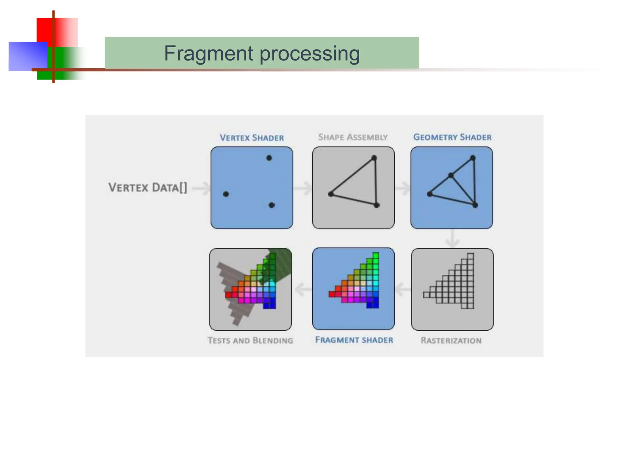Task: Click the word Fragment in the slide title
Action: pyautogui.click(x=209, y=53)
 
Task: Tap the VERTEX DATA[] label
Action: pyautogui.click(x=148, y=187)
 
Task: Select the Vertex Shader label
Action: pyautogui.click(x=252, y=138)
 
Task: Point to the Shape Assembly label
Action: pyautogui.click(x=353, y=137)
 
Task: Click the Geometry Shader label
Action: pyautogui.click(x=452, y=137)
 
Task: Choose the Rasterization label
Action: pyautogui.click(x=451, y=340)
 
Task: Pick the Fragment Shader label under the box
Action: pyautogui.click(x=354, y=340)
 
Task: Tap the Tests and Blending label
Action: pyautogui.click(x=250, y=340)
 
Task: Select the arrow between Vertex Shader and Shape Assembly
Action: pyautogui.click(x=303, y=188)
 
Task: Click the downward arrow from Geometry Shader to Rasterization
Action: pyautogui.click(x=452, y=239)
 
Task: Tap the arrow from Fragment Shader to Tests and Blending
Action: pyautogui.click(x=303, y=289)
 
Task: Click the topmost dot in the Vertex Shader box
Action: pyautogui.click(x=269, y=158)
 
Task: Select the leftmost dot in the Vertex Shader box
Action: pyautogui.click(x=226, y=194)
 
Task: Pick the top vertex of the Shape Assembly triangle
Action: pyautogui.click(x=374, y=158)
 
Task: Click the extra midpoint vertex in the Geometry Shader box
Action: pyautogui.click(x=451, y=175)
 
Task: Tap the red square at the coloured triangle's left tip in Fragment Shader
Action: pyautogui.click(x=332, y=294)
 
